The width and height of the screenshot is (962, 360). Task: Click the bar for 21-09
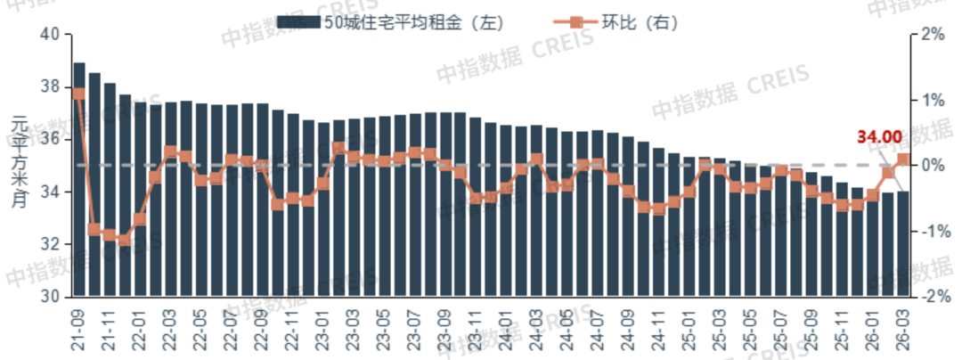[x=79, y=178]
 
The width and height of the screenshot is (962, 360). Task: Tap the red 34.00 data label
[x=879, y=137]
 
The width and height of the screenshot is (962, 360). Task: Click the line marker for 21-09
[x=79, y=94]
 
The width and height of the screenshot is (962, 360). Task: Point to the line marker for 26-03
[x=903, y=160]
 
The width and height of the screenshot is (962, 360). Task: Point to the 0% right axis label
[x=931, y=166]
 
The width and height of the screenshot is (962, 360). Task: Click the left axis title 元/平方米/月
[x=20, y=165]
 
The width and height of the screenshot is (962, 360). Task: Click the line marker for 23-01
[x=323, y=184]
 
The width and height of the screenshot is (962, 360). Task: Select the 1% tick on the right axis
[x=931, y=100]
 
